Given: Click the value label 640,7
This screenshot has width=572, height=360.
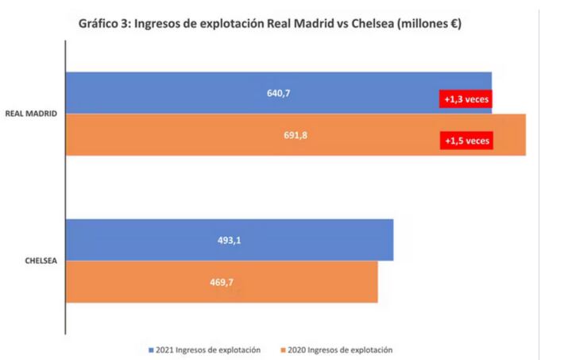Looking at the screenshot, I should click(x=278, y=93).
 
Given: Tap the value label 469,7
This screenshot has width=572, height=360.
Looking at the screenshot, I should click(x=221, y=281).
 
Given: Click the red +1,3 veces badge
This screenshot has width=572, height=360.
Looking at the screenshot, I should click(x=466, y=99).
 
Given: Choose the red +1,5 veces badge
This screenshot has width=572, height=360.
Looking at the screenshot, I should click(x=466, y=141).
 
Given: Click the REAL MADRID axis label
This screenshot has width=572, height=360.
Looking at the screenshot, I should click(x=31, y=114).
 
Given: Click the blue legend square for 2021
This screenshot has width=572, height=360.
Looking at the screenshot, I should click(x=150, y=350).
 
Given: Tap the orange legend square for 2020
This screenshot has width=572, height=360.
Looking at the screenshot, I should click(x=284, y=350).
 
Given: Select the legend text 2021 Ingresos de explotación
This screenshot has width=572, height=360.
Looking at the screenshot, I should click(x=210, y=350).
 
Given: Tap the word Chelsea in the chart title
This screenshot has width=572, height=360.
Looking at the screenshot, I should click(x=358, y=24).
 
